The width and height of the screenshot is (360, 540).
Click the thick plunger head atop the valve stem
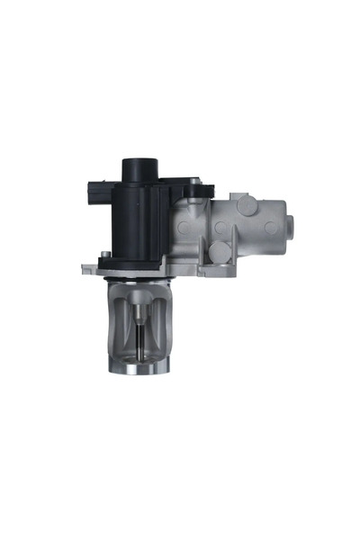pos(139,315)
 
